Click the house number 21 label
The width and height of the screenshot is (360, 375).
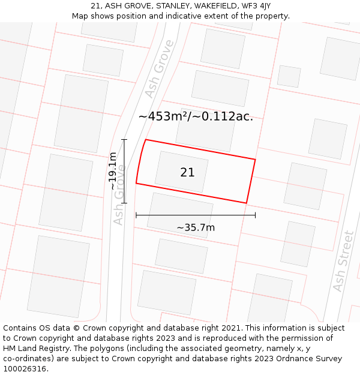click(x=187, y=172)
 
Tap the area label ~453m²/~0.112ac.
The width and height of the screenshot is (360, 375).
click(x=196, y=116)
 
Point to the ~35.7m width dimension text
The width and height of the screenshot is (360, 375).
click(x=196, y=227)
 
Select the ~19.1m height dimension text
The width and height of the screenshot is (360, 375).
click(x=113, y=171)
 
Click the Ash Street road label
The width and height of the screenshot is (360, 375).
click(x=343, y=262)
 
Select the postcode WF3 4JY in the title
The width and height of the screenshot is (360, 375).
click(x=256, y=6)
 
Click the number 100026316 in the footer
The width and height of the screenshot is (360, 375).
click(x=25, y=368)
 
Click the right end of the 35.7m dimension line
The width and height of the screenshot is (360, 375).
click(x=255, y=215)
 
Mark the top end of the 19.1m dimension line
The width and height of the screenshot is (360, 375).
click(x=125, y=140)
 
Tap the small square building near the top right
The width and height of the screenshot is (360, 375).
click(x=289, y=76)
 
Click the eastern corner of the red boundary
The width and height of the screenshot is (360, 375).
click(x=255, y=160)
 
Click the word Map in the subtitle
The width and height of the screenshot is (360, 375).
click(x=80, y=16)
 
